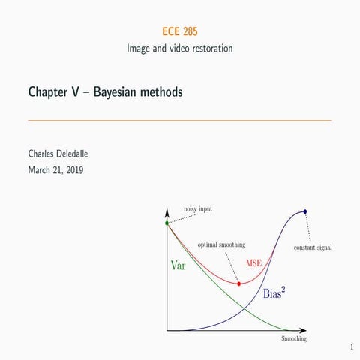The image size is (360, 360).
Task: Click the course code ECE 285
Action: (179, 31)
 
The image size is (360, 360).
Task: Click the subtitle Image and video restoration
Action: (179, 49)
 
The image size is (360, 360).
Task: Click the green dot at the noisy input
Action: (167, 223)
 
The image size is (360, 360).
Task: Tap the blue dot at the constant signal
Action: (305, 211)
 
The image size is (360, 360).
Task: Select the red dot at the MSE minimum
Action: (238, 283)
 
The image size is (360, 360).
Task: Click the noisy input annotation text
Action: (197, 208)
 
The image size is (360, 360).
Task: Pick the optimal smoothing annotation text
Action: (221, 244)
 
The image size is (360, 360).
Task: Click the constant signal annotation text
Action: (313, 247)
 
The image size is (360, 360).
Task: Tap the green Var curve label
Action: (178, 265)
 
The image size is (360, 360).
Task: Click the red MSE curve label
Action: (254, 262)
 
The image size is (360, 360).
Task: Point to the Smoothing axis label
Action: (293, 339)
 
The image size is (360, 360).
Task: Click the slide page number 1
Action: (351, 347)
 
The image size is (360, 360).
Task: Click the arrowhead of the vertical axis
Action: (167, 214)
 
